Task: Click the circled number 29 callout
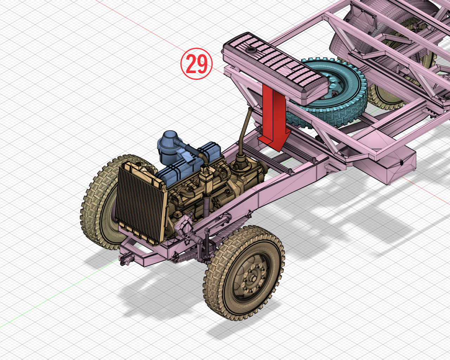[197, 64]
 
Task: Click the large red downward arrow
[274, 117]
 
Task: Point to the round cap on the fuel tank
[250, 50]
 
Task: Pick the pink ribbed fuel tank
[274, 68]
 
